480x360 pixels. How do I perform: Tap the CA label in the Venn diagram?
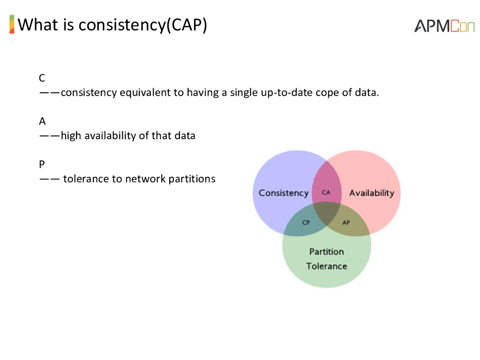click(x=326, y=192)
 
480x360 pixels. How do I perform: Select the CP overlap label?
click(x=306, y=223)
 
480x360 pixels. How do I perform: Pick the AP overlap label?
click(x=346, y=223)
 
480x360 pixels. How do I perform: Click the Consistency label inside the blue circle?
click(x=284, y=193)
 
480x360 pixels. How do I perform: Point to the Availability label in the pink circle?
click(x=372, y=193)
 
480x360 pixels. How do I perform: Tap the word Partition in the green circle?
click(x=326, y=252)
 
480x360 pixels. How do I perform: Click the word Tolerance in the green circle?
click(x=326, y=266)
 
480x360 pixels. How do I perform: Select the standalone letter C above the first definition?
click(x=42, y=78)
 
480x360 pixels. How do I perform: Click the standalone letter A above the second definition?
click(x=42, y=121)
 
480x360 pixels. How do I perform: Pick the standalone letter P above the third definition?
click(x=42, y=165)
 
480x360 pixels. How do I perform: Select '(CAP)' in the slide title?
click(x=187, y=24)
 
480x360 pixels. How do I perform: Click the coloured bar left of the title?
click(x=12, y=24)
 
